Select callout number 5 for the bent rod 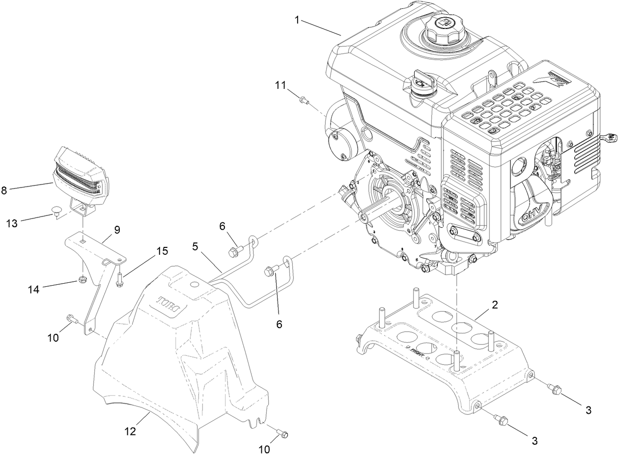[195, 246]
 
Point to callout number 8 [4, 190]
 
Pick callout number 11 [280, 85]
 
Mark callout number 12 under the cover [130, 431]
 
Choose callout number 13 [12, 223]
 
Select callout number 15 [162, 251]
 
